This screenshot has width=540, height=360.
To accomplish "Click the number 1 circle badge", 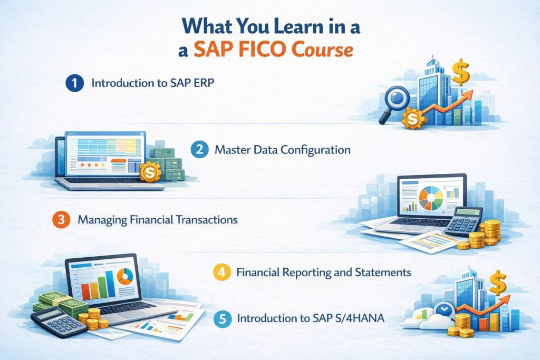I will (x=75, y=83).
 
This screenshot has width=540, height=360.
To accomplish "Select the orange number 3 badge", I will (x=62, y=219).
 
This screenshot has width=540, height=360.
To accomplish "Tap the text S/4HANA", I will (x=354, y=318).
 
